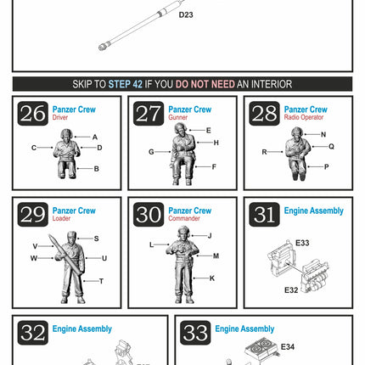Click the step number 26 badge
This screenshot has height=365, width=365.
pos(33,114)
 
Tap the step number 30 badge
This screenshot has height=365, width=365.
pos(149,215)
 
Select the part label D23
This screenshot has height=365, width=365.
pos(186,14)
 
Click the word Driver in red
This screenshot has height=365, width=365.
pos(60,117)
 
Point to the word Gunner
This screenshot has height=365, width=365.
pos(177,117)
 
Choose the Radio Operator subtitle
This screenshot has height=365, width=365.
pos(304,117)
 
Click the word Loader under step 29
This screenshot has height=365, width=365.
pos(61,218)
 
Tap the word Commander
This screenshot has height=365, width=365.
pos(184,218)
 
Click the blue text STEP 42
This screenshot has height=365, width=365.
pos(126,84)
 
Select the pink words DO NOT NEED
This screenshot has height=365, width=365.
pos(205,84)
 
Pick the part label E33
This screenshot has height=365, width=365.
pos(302,243)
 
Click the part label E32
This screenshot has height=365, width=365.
pos(291,290)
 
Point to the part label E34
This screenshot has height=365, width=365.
pos(288,347)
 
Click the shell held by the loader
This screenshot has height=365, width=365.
pos(65,255)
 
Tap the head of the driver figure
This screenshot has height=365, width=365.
pos(67,134)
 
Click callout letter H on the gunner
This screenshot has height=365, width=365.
pos(216,143)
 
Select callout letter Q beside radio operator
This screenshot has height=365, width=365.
pos(331,146)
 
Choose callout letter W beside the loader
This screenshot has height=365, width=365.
pos(34,258)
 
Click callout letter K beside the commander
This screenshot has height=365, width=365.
pos(212,278)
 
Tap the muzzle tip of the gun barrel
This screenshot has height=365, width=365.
pos(101,48)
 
